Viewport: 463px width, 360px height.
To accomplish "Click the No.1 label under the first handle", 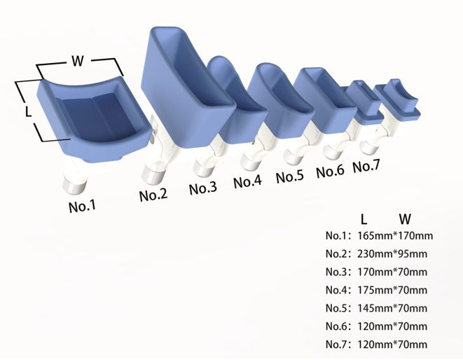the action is pyautogui.click(x=83, y=206).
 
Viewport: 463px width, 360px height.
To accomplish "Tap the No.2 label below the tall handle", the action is pyautogui.click(x=153, y=194).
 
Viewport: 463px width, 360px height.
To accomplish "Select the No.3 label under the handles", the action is pyautogui.click(x=203, y=188).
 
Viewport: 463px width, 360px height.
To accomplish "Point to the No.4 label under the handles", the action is pyautogui.click(x=247, y=181).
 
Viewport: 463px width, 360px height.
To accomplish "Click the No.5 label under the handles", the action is pyautogui.click(x=290, y=176).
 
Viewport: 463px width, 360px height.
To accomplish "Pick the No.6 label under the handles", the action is pyautogui.click(x=330, y=171).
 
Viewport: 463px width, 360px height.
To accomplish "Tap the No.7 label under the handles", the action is pyautogui.click(x=366, y=166).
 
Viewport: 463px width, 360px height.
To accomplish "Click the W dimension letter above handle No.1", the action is pyautogui.click(x=78, y=61).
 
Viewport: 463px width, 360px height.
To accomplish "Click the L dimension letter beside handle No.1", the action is pyautogui.click(x=28, y=111).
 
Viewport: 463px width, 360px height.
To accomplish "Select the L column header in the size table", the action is pyautogui.click(x=364, y=219).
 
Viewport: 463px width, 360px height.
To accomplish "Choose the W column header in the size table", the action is pyautogui.click(x=405, y=219).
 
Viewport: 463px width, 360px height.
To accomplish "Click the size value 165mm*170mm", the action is pyautogui.click(x=395, y=235).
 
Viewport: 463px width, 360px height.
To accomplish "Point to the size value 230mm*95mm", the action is pyautogui.click(x=392, y=254).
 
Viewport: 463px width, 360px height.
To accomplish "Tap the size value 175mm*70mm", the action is pyautogui.click(x=392, y=290).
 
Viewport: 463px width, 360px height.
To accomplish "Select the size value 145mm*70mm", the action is pyautogui.click(x=392, y=308).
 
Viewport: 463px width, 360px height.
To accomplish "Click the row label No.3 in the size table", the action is pyautogui.click(x=337, y=272).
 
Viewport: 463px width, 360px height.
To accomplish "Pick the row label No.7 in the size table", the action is pyautogui.click(x=337, y=345).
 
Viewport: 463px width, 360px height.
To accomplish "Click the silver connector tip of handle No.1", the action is pyautogui.click(x=74, y=185).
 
